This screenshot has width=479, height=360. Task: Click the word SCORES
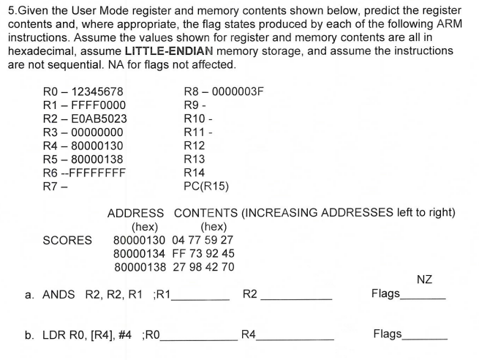pyautogui.click(x=67, y=240)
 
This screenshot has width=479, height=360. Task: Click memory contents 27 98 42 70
pyautogui.click(x=203, y=266)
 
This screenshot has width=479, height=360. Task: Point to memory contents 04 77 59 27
pyautogui.click(x=203, y=240)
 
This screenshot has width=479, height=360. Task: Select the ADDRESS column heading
pyautogui.click(x=135, y=213)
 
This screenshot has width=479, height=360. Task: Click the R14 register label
pyautogui.click(x=194, y=173)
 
